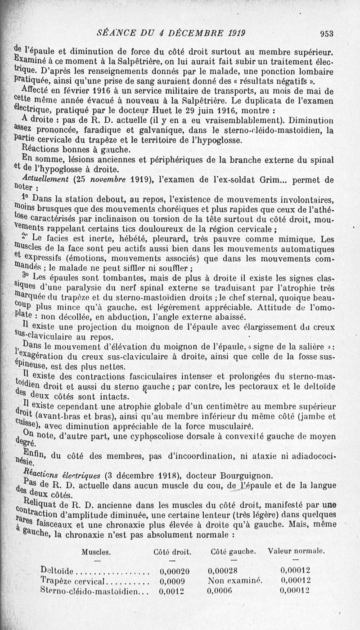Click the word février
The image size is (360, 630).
click(89, 90)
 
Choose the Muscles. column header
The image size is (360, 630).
click(96, 552)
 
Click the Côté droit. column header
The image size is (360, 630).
click(172, 552)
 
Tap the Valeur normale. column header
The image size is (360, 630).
click(296, 551)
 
